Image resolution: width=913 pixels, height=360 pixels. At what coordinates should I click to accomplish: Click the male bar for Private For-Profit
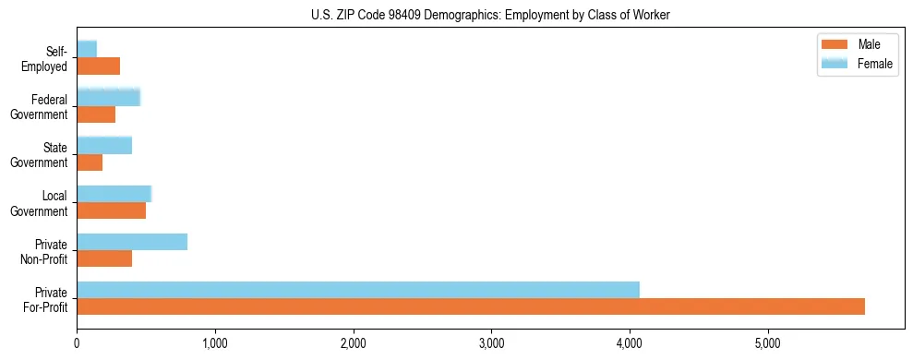471,306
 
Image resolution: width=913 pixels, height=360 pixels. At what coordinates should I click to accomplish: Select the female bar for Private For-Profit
358,290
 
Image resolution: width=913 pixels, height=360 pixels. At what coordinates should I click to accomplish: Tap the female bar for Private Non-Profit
132,242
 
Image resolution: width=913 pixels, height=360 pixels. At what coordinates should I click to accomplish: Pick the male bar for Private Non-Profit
104,258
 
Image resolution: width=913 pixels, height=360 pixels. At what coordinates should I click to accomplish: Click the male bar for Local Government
111,210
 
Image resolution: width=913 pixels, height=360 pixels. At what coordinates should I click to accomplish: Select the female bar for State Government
104,145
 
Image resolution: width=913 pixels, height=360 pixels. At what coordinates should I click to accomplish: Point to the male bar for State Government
90,162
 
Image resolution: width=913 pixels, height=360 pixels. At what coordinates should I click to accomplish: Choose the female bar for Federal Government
108,97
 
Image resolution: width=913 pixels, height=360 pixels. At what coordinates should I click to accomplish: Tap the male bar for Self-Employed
98,66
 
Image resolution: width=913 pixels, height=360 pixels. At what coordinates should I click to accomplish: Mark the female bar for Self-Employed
87,49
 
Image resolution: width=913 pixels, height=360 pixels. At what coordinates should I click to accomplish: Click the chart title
490,15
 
